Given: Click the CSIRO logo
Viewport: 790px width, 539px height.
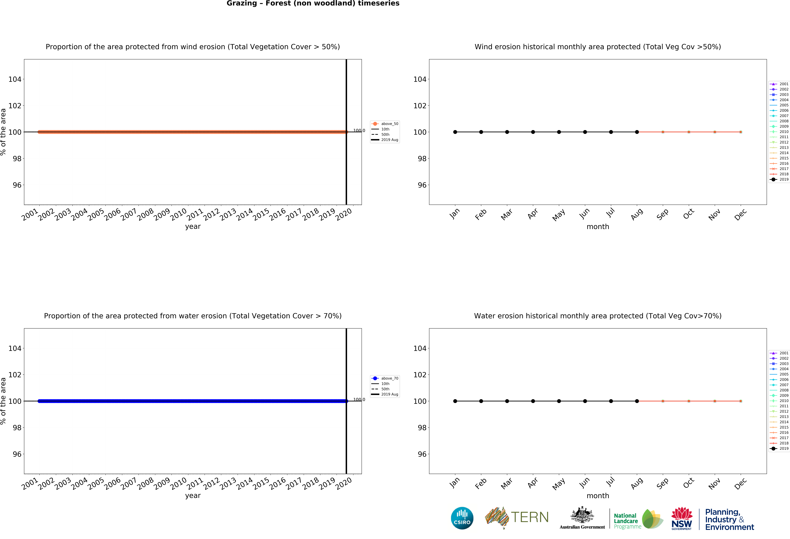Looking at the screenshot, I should tap(462, 518).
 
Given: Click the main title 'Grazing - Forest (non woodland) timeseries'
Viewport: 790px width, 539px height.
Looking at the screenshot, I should tap(313, 3).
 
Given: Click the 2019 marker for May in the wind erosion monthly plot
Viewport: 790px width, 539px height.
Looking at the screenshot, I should tap(559, 132).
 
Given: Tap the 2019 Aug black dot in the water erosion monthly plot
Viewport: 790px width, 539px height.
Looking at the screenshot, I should tap(637, 401).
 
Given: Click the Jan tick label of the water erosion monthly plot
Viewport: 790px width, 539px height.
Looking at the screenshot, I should tap(454, 483).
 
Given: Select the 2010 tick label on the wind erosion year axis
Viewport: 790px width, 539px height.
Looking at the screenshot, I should tap(178, 214).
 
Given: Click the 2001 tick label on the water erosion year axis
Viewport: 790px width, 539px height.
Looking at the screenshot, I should tap(30, 484).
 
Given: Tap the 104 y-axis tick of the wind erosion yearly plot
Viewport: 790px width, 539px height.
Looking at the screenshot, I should tap(15, 79).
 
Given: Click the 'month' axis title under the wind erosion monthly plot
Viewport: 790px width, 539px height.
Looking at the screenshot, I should tap(598, 227).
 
